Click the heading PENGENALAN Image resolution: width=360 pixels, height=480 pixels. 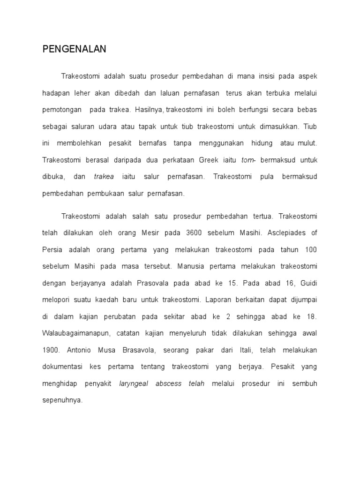coord(74,49)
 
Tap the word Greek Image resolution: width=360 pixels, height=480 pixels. coord(210,160)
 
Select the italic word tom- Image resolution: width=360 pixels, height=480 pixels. coord(248,160)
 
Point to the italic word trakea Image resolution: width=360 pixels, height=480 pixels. coord(104,177)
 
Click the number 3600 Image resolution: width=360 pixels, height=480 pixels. coord(195,232)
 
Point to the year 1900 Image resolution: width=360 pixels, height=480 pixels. coord(51,350)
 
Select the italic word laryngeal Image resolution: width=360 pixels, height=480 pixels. coord(134,384)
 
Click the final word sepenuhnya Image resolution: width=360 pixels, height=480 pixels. coord(62,401)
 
